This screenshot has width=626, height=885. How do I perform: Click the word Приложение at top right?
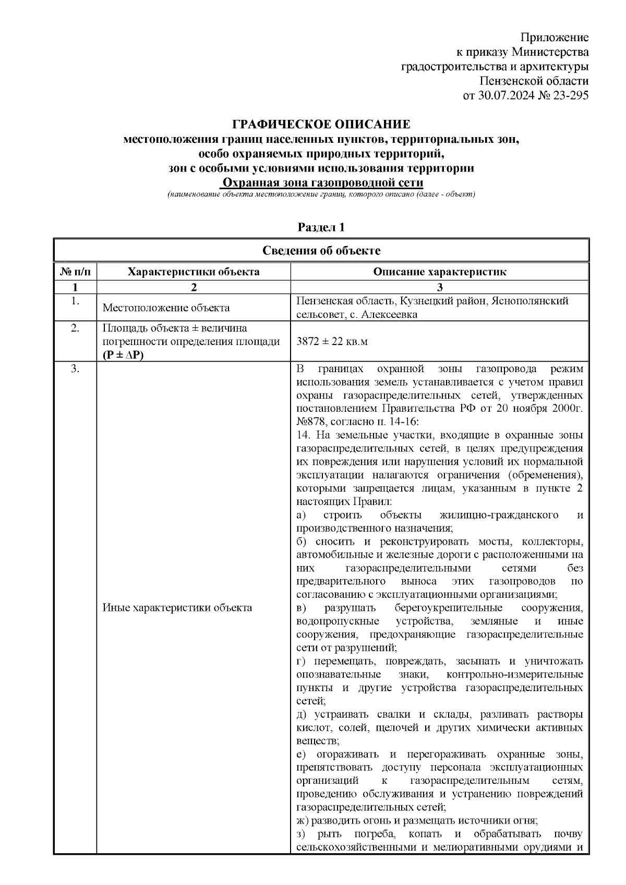[x=555, y=38]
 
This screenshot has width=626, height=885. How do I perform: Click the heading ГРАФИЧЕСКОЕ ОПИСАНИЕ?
[x=321, y=125]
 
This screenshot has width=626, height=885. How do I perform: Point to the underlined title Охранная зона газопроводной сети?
[x=321, y=183]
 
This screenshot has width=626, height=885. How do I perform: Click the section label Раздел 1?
[x=321, y=227]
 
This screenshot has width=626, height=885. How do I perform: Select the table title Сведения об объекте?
[x=321, y=251]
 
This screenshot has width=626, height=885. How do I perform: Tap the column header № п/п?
[x=75, y=272]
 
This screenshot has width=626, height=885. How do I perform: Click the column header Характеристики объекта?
[x=194, y=272]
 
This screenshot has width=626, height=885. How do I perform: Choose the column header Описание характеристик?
[x=439, y=272]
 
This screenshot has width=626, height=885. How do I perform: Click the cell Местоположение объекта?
[x=166, y=308]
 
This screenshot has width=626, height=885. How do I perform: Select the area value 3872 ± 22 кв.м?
[x=332, y=342]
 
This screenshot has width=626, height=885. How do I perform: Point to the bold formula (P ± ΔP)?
[x=123, y=355]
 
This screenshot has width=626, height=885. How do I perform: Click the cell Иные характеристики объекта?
[x=177, y=608]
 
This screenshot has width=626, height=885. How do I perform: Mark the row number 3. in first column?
[x=75, y=370]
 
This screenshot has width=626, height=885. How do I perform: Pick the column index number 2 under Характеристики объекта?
[x=194, y=287]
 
